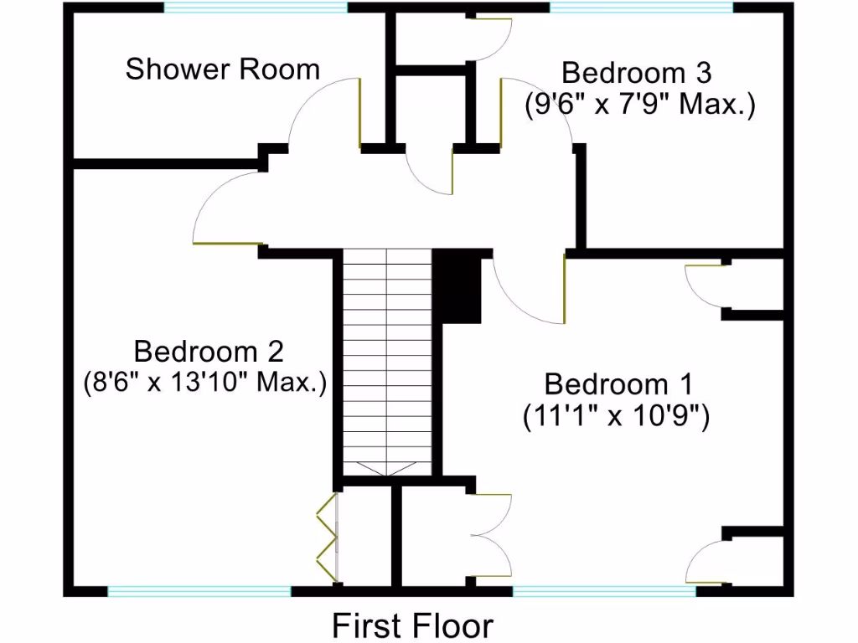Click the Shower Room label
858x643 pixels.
223,69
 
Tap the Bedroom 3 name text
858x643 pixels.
636,73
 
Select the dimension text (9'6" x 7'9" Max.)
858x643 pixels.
641,105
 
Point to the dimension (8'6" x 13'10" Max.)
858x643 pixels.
204,383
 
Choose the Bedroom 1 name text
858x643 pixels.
619,384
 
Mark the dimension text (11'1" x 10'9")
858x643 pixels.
617,416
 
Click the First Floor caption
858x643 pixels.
413,625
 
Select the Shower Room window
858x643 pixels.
256,8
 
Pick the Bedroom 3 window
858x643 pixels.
641,8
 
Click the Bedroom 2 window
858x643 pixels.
199,591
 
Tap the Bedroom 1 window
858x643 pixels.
604,591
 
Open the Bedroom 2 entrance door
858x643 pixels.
225,209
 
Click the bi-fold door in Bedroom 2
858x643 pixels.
326,536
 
